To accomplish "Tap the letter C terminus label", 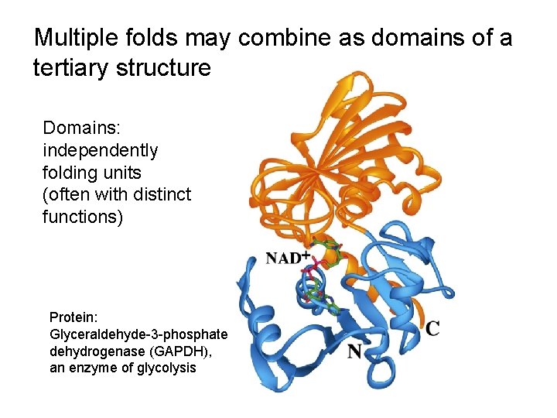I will tap(433, 328).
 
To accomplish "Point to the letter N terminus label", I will tap(354, 352).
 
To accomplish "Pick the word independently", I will tap(101, 150).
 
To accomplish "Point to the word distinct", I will tap(158, 194).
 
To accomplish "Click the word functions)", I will tap(83, 217).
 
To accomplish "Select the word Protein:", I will tap(74, 317).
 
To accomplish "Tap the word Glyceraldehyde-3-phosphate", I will tap(138, 334).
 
